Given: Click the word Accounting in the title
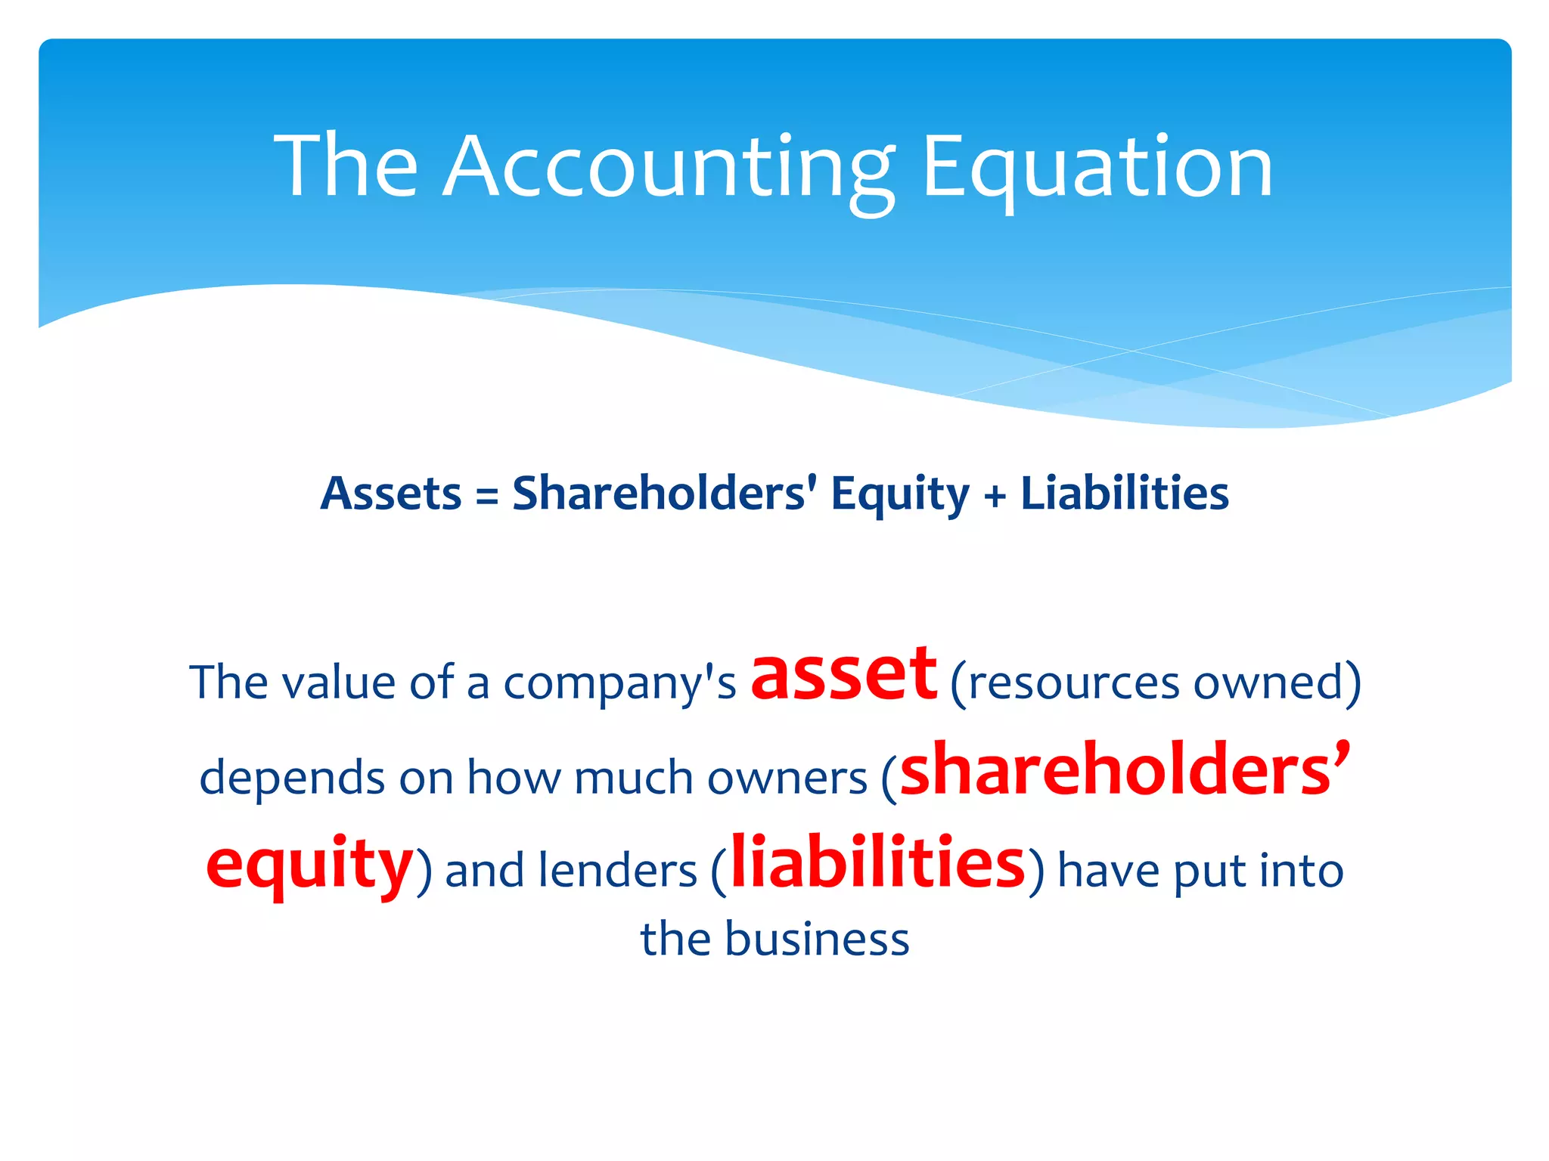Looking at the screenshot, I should point(669,168).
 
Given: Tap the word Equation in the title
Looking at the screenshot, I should point(1097,168).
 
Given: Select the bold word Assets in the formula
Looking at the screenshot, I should point(391,494).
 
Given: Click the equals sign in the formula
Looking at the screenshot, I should point(487,497).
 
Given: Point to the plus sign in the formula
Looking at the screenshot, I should point(995,497).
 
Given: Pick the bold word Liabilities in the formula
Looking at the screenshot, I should point(1125,494).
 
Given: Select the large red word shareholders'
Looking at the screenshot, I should point(1125,770).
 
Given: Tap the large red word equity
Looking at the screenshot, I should point(310,864).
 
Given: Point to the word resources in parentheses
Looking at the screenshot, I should point(1073,683).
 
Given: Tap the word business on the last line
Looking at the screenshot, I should point(817,940).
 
